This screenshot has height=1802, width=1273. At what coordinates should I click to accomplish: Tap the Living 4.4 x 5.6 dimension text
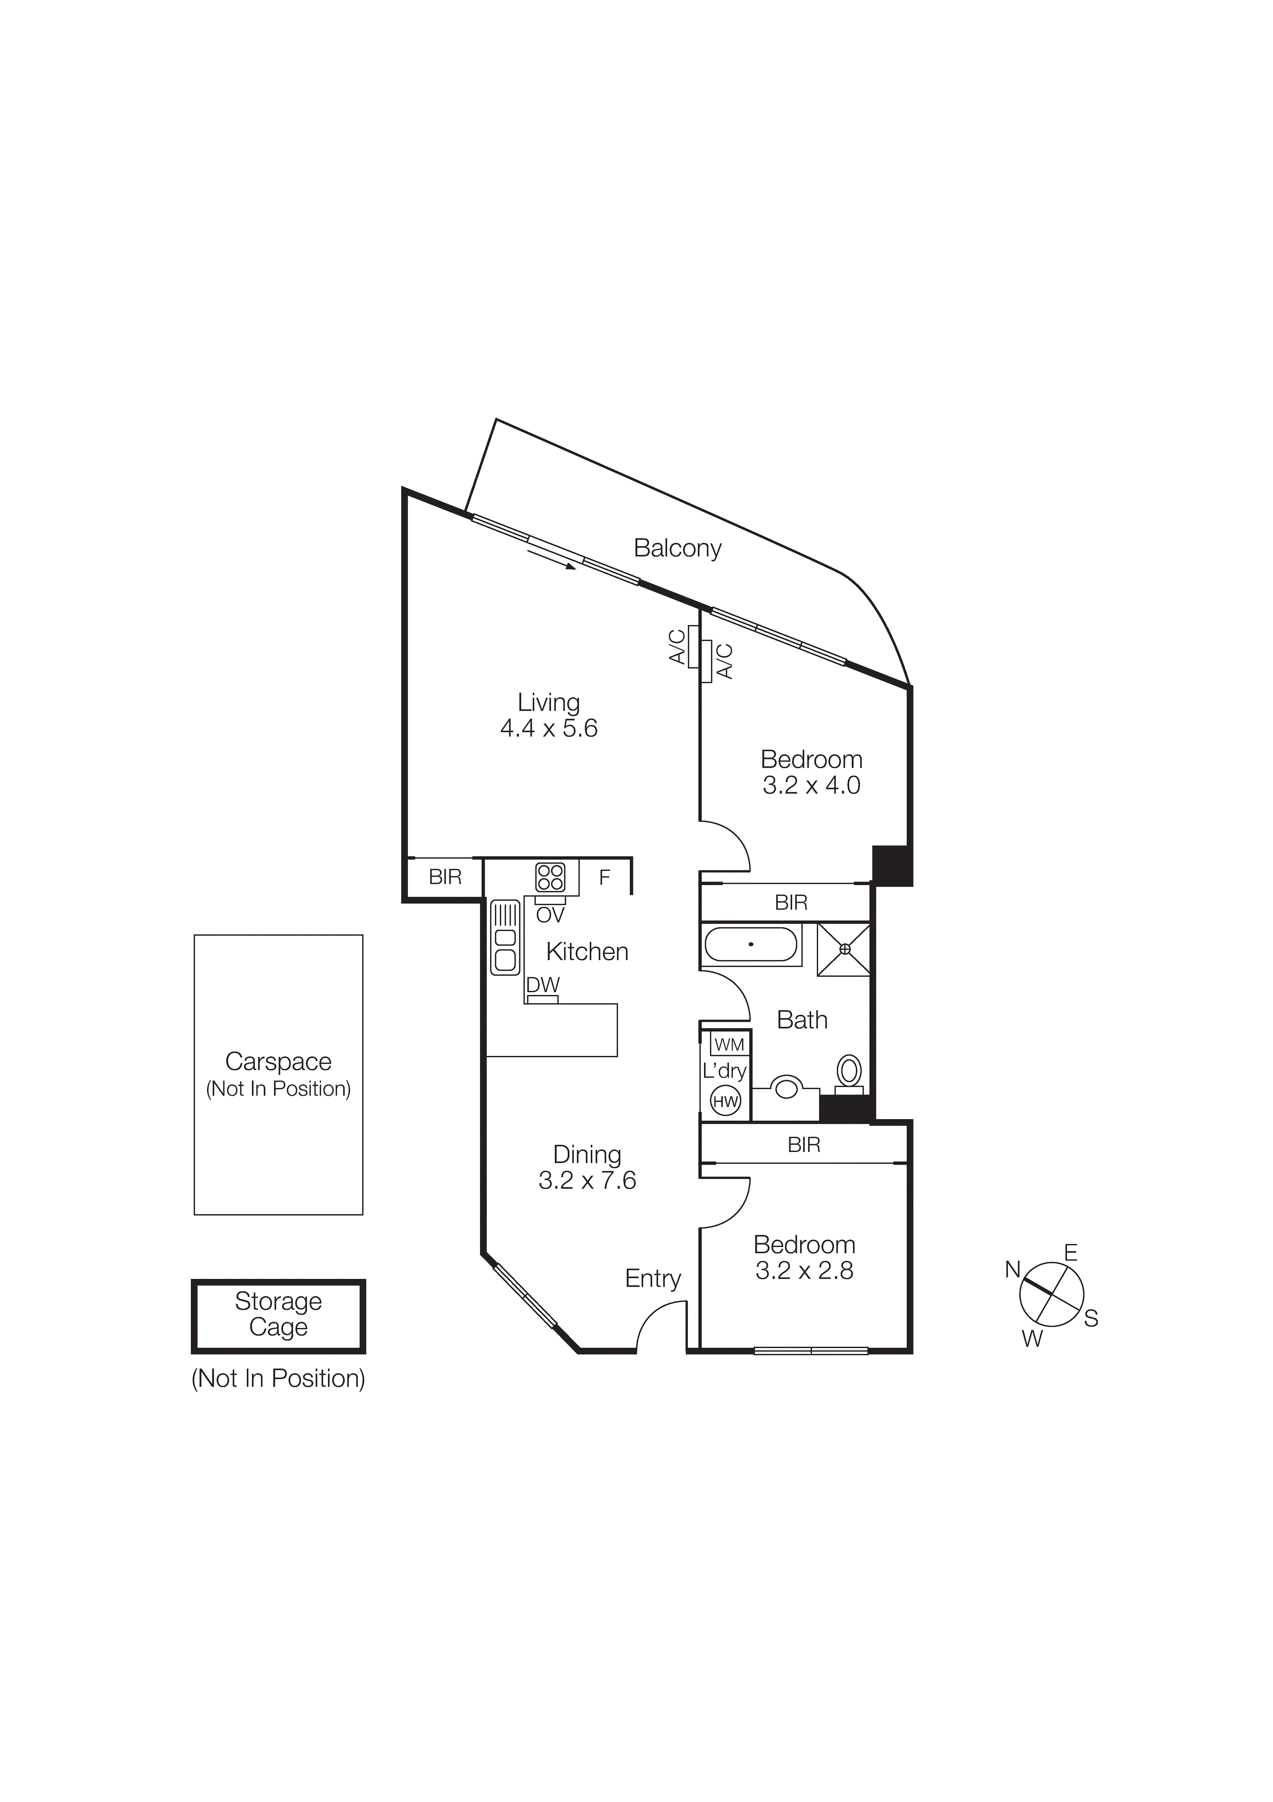[549, 728]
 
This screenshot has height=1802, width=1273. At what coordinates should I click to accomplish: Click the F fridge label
[604, 878]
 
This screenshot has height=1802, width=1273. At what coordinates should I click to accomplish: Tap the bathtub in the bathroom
[751, 945]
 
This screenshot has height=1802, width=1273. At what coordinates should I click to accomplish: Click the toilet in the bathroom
[849, 1072]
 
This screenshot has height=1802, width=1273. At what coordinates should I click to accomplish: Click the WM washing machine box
[729, 1045]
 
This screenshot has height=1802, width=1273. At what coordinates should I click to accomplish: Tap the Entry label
[652, 1278]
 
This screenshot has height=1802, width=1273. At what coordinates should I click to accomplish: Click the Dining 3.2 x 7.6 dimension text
[587, 1180]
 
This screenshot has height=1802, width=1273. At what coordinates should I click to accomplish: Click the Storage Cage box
[278, 1316]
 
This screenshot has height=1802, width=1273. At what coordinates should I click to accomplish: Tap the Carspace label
[278, 1062]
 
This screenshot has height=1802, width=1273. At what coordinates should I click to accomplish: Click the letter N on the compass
[1013, 1269]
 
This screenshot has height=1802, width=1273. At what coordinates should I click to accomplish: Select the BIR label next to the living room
[445, 877]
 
